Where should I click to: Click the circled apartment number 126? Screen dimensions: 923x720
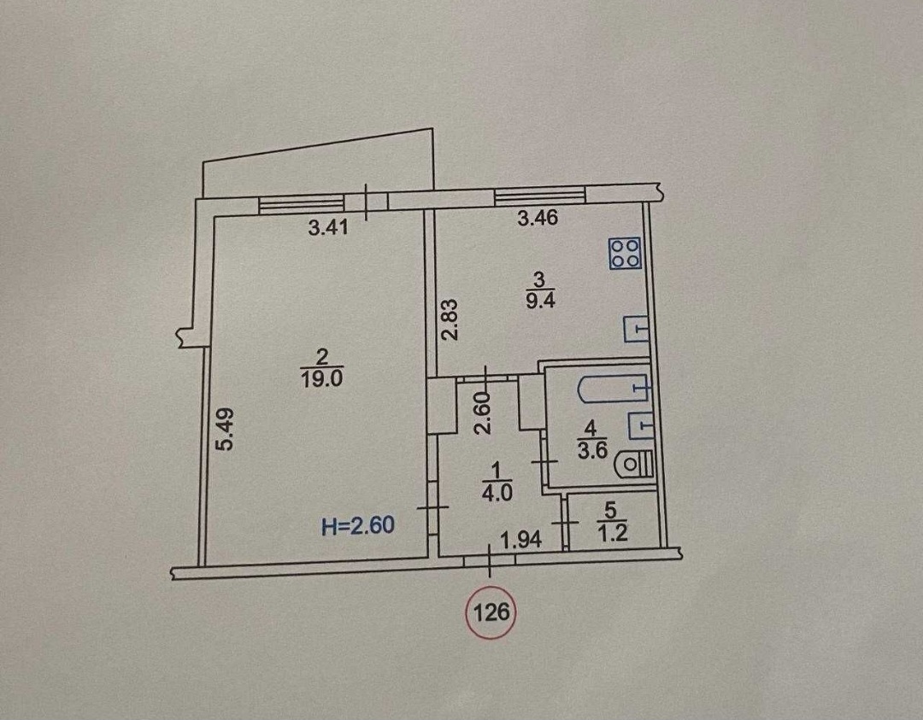(491, 613)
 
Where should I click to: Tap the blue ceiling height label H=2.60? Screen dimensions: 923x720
(358, 525)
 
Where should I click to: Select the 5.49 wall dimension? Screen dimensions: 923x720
(225, 429)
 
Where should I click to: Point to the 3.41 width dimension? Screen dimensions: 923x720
(328, 227)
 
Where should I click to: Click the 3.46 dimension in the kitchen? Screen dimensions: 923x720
(537, 219)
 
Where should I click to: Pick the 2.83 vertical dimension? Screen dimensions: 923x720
(450, 320)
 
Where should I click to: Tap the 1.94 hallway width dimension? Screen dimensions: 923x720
(521, 540)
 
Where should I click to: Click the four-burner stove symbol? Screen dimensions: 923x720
(626, 255)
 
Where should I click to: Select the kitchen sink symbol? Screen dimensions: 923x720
(637, 329)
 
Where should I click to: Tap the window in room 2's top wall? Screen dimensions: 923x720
(302, 203)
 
